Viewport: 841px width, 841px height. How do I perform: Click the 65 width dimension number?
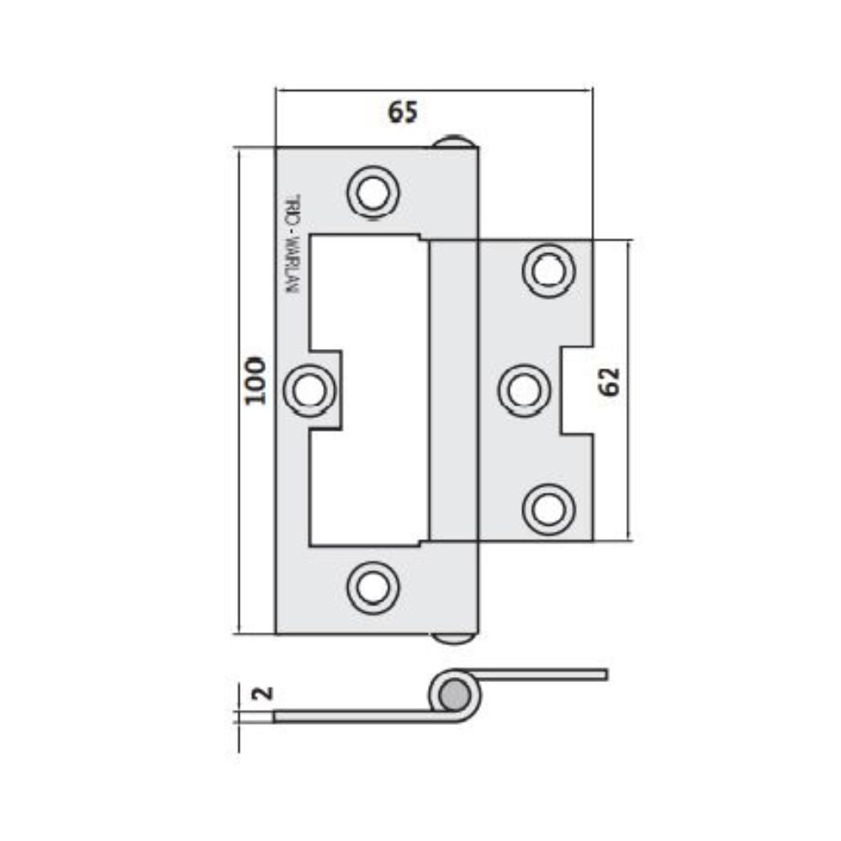point(402,112)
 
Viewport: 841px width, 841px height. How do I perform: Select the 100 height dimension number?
point(256,380)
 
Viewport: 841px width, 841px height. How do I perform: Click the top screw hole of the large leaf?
point(372,192)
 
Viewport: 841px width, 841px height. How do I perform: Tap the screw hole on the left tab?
point(309,390)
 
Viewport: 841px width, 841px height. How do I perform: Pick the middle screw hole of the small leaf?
point(524,390)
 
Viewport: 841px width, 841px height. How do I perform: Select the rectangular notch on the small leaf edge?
point(577,390)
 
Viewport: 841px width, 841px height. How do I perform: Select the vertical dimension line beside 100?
point(240,505)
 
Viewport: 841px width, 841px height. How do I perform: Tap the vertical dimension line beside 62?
point(627,471)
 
